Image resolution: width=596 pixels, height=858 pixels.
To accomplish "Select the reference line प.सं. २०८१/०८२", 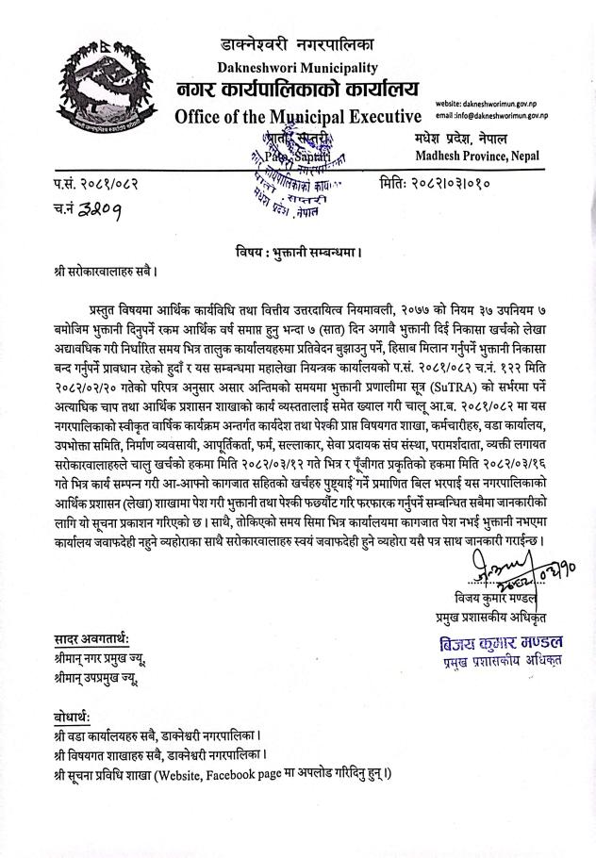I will click(96, 181).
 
